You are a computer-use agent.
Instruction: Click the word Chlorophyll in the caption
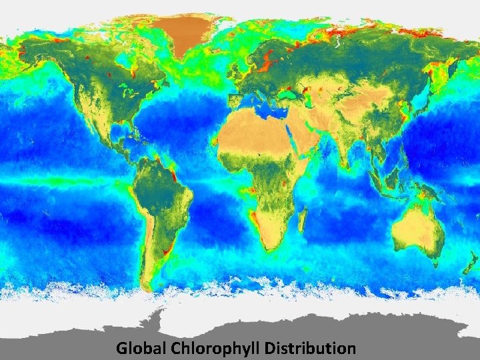[x=216, y=348]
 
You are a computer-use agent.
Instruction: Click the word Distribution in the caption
[x=310, y=348]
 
